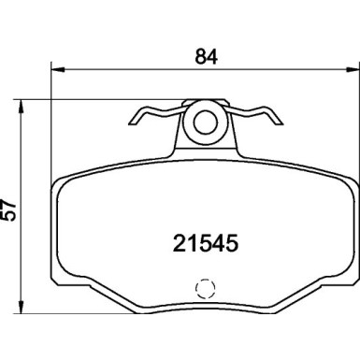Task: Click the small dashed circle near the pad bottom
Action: (x=203, y=290)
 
